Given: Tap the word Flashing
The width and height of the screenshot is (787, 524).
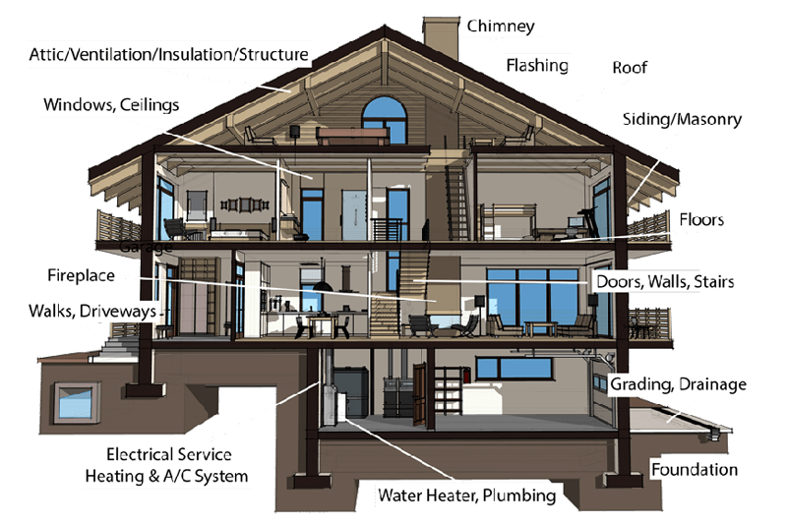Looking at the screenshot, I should pos(537,66).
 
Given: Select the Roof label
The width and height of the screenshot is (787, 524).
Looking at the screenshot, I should pos(630,68).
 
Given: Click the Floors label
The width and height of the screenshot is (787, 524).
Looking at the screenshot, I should pos(701,218).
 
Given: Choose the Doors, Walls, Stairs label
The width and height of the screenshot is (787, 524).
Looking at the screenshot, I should pos(665,282).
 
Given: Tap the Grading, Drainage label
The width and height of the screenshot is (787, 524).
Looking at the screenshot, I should pos(679,383).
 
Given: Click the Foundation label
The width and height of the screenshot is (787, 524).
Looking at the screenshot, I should pos(695,470).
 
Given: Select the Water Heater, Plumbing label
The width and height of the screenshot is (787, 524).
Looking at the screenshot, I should pos(467,495).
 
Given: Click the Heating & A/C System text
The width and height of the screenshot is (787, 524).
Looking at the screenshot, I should pos(164,477).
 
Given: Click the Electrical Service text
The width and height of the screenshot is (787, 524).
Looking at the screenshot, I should pos(169,455).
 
